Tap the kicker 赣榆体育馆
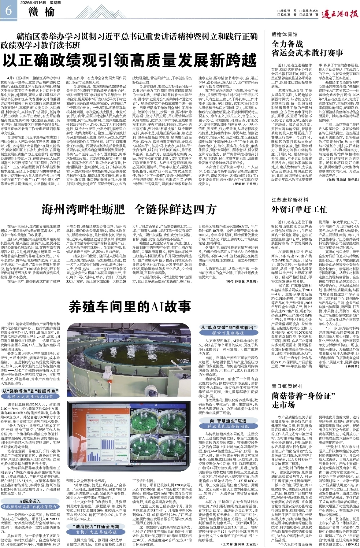tap(284, 35)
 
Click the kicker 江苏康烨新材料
tap(290, 200)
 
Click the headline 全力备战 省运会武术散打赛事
tap(307, 49)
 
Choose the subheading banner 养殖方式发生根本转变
tap(30, 396)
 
